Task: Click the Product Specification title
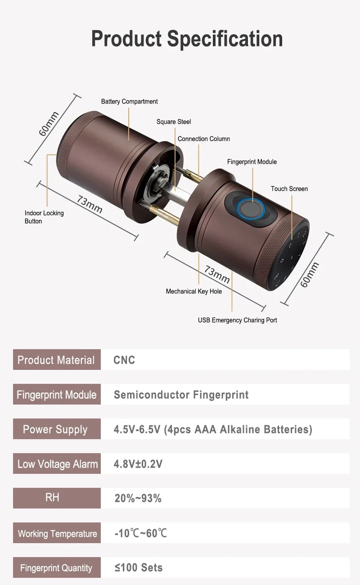click(187, 39)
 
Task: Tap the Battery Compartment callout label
click(129, 101)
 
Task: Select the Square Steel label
click(174, 121)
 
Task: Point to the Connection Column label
click(204, 139)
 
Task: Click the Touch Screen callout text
click(289, 189)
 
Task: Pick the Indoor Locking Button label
click(44, 217)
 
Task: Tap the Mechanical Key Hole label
click(194, 291)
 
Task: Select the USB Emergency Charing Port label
click(238, 320)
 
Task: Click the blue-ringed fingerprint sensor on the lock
click(251, 209)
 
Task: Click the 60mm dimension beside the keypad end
click(309, 274)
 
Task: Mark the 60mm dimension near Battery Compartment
click(49, 124)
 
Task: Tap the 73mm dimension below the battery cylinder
click(90, 204)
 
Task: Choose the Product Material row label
click(56, 360)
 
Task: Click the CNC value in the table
click(124, 360)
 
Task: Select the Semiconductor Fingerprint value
click(181, 395)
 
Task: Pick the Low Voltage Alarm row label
click(58, 464)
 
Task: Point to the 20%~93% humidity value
click(138, 498)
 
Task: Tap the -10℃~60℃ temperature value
click(140, 533)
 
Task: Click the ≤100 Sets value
click(139, 567)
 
